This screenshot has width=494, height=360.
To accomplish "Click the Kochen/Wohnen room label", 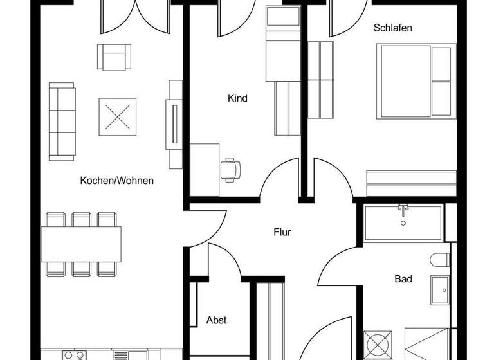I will point(116,181).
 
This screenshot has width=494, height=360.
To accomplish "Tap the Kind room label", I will point(237,98).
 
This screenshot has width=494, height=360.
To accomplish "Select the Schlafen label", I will point(392,28).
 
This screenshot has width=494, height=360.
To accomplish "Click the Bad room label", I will point(403,279).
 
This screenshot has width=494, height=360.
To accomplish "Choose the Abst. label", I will point(217,320).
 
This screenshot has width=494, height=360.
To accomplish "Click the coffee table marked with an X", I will point(117,116).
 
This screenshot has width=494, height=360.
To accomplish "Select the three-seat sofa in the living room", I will point(62,120).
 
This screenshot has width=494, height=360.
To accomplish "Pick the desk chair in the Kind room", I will point(231,169).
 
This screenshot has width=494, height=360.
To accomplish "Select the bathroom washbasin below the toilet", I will point(441,291).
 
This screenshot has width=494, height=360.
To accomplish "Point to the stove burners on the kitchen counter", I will point(74,354).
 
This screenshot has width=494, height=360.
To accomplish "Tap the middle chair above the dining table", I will point(81,219).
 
